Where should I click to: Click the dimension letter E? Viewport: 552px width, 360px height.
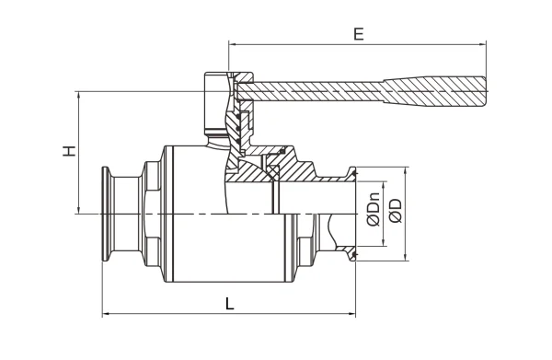[x=358, y=34]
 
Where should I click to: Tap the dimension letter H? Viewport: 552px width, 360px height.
[x=69, y=151]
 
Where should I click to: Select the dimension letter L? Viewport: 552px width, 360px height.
[x=229, y=303]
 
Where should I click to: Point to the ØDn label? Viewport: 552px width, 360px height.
[x=374, y=209]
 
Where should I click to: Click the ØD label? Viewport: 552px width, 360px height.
[x=396, y=211]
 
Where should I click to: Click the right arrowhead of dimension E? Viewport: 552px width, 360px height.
[x=483, y=44]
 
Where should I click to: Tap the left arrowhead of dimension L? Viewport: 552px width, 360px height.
[x=106, y=313]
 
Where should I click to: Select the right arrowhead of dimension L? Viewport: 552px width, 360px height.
[x=351, y=313]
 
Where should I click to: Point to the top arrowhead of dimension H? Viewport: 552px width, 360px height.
[x=78, y=95]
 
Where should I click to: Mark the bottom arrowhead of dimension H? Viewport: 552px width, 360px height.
[x=78, y=210]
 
